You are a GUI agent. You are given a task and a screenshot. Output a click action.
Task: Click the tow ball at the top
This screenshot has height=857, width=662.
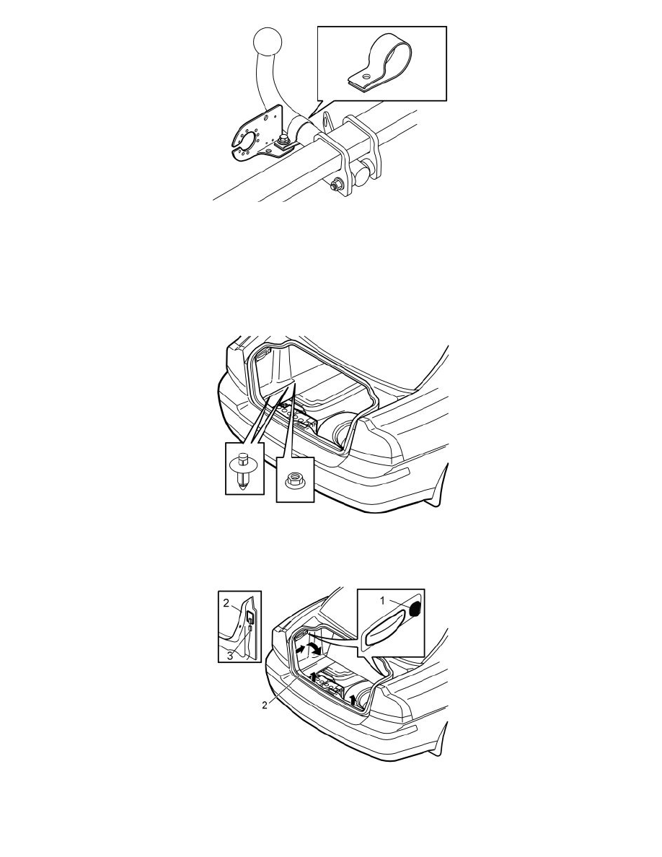click(x=268, y=42)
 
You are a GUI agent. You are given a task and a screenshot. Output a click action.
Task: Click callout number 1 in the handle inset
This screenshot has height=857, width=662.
click(x=384, y=600)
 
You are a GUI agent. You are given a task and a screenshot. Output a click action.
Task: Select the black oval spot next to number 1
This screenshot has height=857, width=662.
click(x=415, y=608)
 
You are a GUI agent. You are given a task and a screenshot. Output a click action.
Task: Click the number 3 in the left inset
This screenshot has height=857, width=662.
click(x=230, y=656)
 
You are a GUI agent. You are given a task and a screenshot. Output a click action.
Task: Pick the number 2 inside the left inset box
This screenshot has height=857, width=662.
click(x=226, y=603)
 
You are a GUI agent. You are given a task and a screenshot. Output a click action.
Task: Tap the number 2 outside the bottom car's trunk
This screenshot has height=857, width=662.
click(x=265, y=705)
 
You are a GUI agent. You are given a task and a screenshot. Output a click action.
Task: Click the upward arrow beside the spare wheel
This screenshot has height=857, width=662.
click(x=353, y=699)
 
